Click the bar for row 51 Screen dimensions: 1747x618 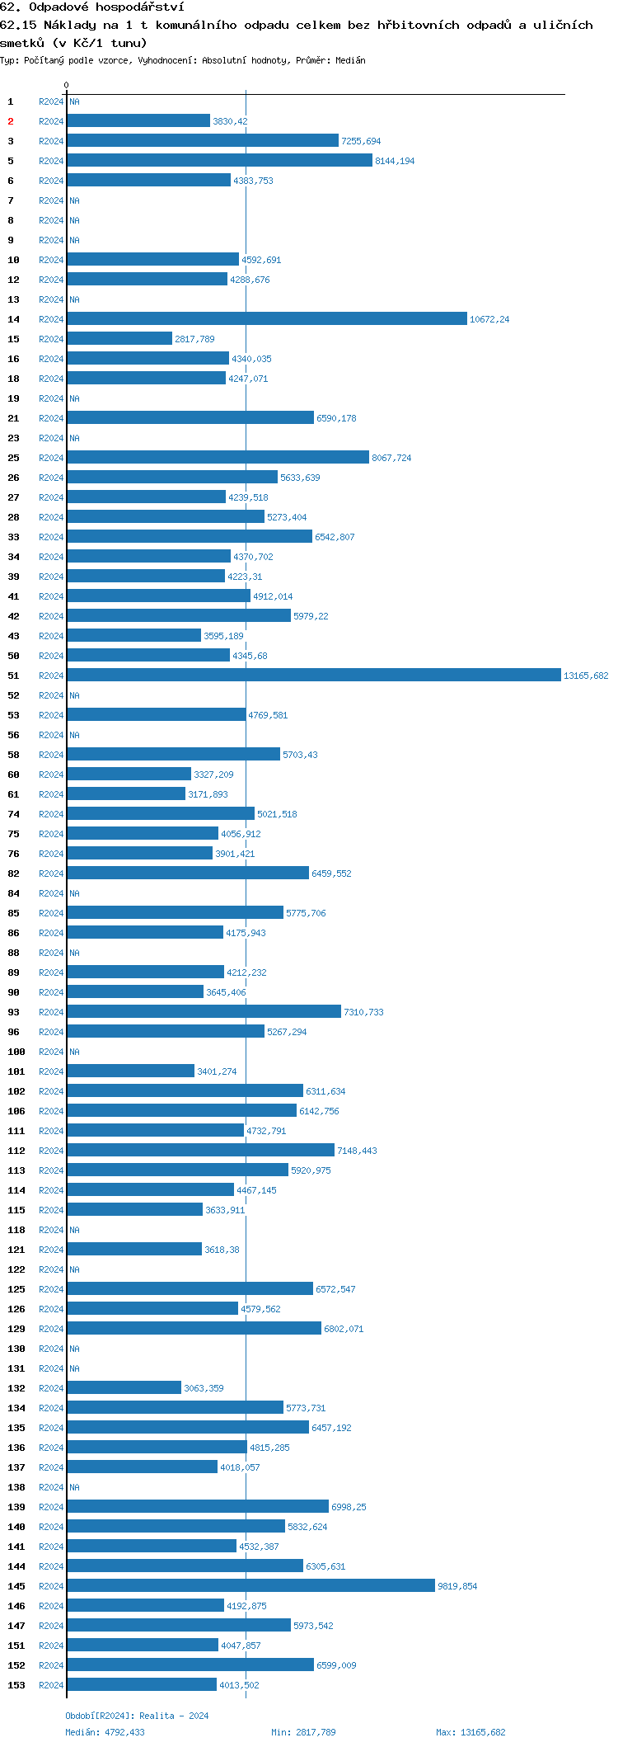click(x=313, y=676)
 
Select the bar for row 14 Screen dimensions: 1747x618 click(x=266, y=319)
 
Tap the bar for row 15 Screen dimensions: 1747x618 click(x=119, y=339)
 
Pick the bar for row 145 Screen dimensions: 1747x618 click(x=250, y=1586)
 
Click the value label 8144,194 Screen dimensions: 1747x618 click(x=395, y=161)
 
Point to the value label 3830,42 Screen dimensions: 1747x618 click(x=230, y=121)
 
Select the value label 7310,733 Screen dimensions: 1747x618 click(x=363, y=1012)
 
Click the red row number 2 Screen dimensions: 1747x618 click(x=11, y=121)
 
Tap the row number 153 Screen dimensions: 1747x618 click(x=16, y=1685)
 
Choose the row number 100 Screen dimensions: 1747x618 click(x=16, y=1052)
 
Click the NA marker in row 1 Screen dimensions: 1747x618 click(x=74, y=101)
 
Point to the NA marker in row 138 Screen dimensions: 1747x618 click(x=74, y=1487)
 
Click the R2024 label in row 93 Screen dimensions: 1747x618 click(x=51, y=1012)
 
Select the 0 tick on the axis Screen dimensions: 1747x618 click(x=67, y=85)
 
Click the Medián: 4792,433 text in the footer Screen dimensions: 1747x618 click(x=105, y=1732)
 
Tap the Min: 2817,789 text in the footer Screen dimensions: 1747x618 click(x=303, y=1732)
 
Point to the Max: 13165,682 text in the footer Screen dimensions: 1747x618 click(x=471, y=1732)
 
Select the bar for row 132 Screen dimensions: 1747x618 click(x=124, y=1388)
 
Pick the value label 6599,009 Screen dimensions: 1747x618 click(x=336, y=1665)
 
